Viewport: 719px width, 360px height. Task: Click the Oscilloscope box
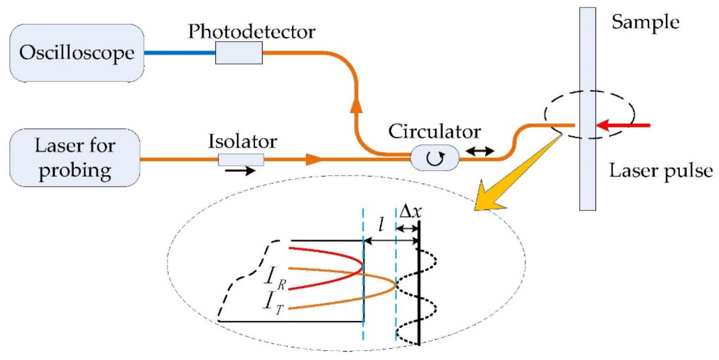(77, 53)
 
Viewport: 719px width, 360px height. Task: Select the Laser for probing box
(75, 158)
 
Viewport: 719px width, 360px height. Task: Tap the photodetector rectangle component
(239, 53)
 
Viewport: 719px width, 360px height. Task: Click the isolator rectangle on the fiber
(241, 160)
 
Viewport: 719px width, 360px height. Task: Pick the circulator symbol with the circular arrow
(435, 158)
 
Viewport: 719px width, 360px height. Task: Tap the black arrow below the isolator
(240, 170)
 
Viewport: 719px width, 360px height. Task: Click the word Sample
(645, 22)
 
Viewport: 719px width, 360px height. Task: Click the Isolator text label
(242, 141)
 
